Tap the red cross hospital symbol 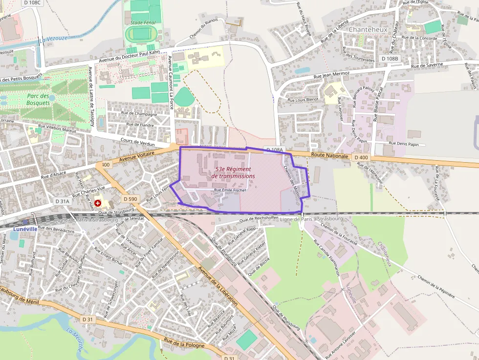coord(98,203)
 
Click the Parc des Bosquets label coord(38,100)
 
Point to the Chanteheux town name coord(368,29)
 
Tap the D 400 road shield coord(362,157)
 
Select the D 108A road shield coord(274,149)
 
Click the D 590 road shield coord(131,199)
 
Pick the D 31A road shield coord(63,201)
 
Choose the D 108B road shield coord(390,59)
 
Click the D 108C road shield coord(32,3)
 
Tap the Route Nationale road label coord(330,155)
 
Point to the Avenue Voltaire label coord(137,157)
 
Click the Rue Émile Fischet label coord(230,190)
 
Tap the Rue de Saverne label coord(427,65)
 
